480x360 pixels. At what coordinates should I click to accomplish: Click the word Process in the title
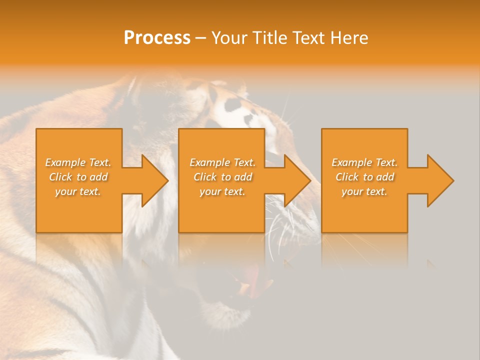(157, 38)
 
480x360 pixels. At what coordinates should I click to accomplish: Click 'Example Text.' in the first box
(78, 162)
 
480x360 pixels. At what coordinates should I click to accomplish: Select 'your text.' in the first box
(78, 191)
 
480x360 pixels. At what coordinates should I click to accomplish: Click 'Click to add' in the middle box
(222, 177)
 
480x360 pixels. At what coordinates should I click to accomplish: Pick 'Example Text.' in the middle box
(222, 162)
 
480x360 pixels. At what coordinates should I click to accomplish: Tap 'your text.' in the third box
(364, 191)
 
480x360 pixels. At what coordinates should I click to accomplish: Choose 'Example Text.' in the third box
(364, 162)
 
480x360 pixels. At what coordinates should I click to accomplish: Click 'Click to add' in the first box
(78, 177)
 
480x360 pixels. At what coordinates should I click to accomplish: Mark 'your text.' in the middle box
(222, 191)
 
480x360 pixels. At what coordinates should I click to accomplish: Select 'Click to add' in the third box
(364, 177)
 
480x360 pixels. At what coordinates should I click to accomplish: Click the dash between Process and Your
(201, 38)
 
